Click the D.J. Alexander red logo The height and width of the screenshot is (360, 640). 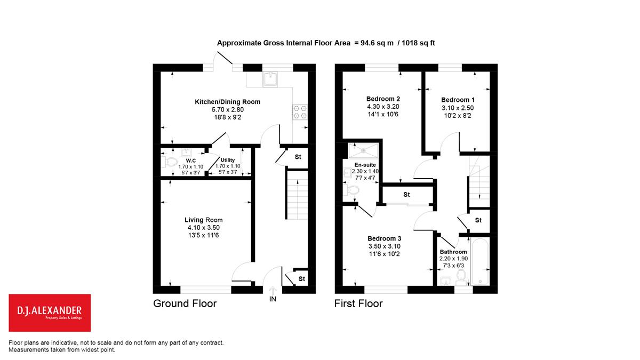point(50,313)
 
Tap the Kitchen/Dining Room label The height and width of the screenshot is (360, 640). point(227,102)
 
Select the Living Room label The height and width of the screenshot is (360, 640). point(203,220)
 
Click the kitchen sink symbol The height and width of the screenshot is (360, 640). point(270,79)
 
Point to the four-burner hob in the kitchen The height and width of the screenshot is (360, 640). point(300,112)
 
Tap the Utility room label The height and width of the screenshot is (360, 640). point(228,160)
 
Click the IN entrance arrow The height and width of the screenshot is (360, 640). point(273,291)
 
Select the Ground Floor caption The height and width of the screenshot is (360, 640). point(185,303)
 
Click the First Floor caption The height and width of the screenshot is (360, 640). point(358,303)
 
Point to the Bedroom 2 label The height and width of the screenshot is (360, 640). point(383,99)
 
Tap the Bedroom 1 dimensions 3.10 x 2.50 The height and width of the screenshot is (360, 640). point(458,108)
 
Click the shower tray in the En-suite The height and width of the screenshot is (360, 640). point(363,150)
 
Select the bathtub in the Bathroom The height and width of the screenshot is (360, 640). point(480,262)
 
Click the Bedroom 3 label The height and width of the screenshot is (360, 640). point(385,238)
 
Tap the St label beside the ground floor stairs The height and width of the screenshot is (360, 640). point(298,157)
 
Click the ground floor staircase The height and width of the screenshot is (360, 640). point(297,195)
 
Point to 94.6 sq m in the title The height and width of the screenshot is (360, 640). point(377,43)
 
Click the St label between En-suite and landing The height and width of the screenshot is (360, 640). point(406,195)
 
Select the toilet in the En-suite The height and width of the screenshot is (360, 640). point(351,190)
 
